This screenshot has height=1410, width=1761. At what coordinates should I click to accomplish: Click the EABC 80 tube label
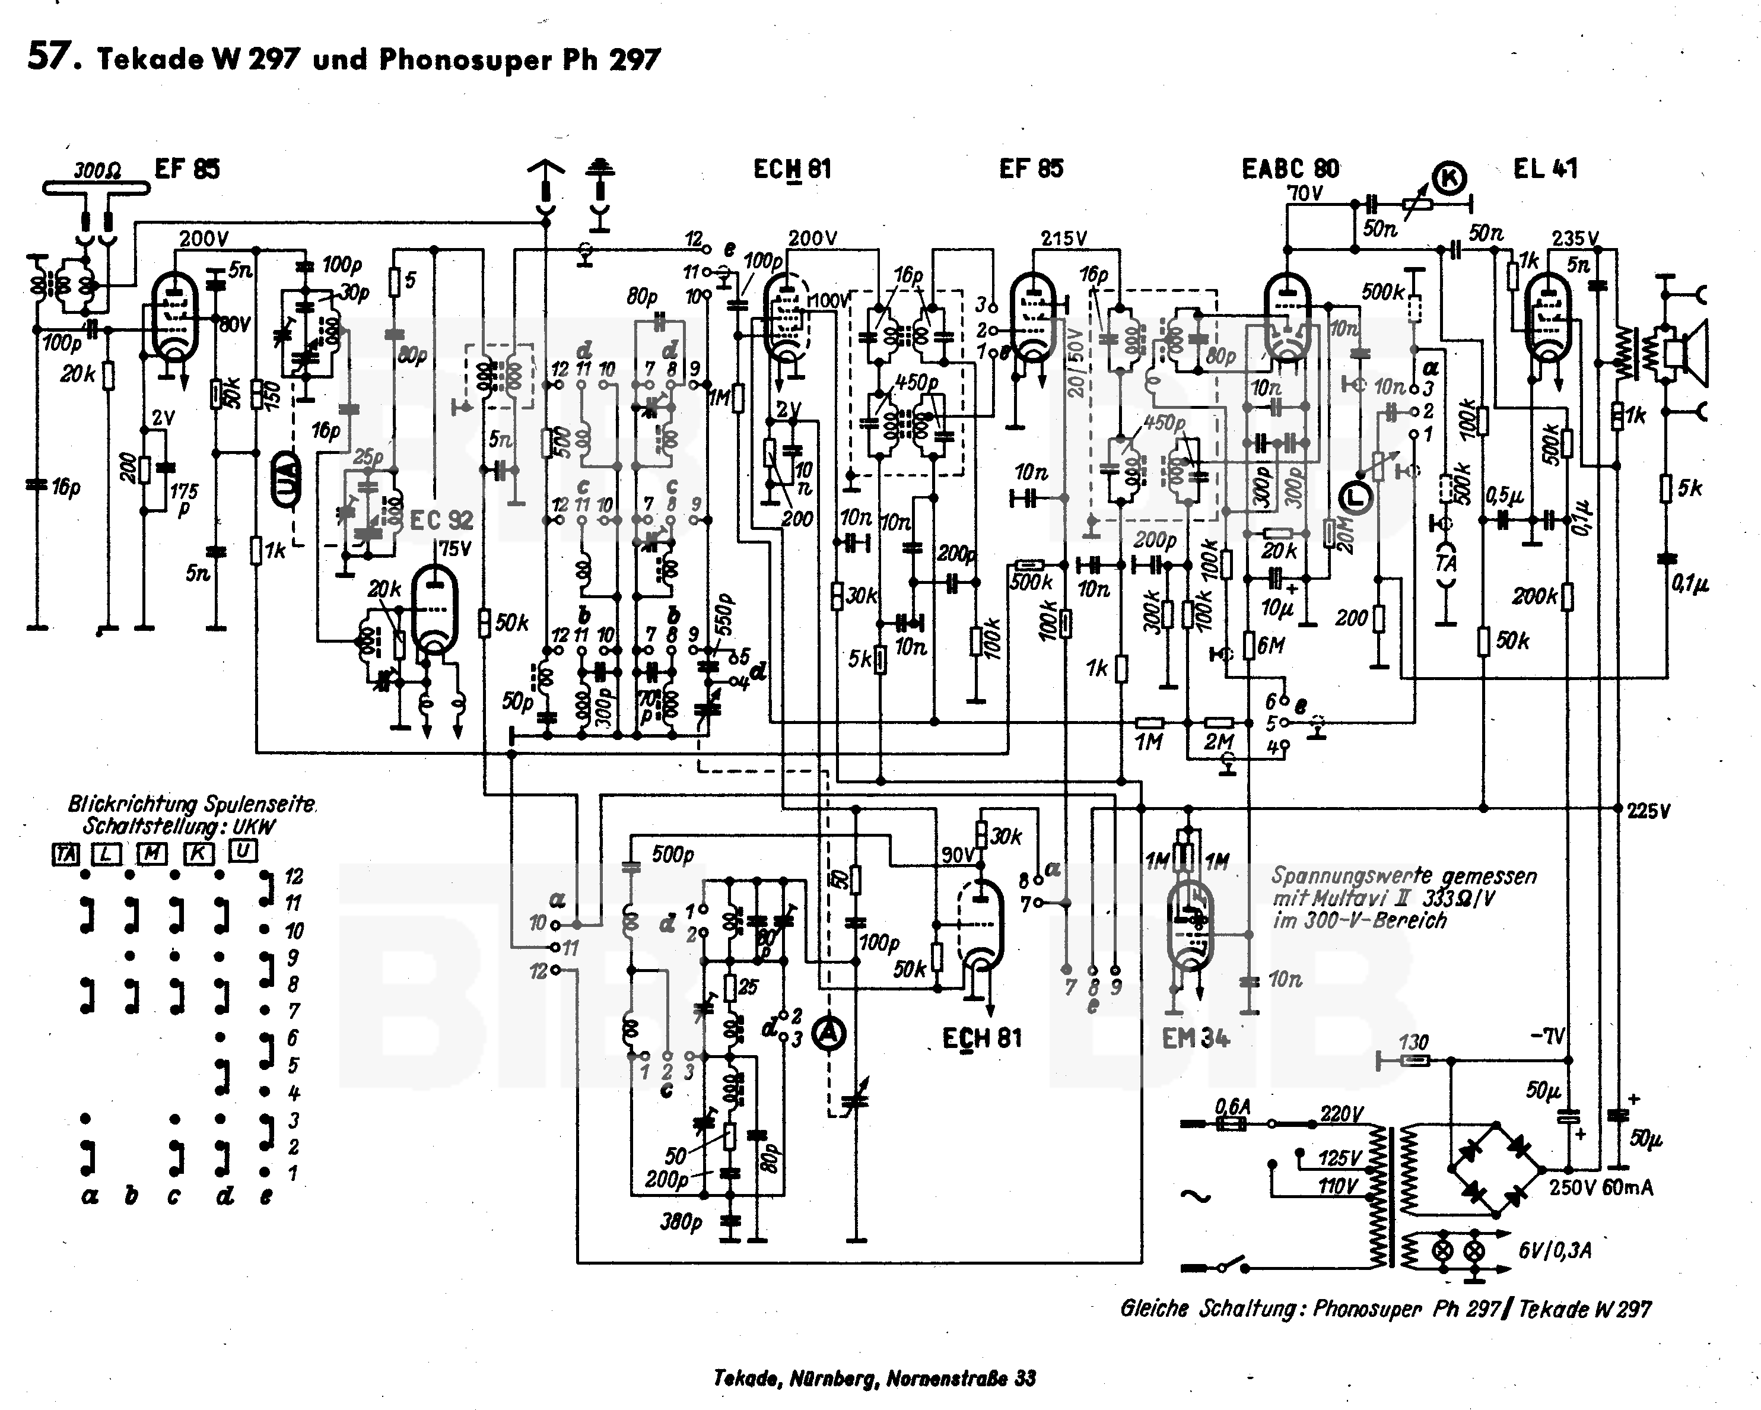pos(1290,169)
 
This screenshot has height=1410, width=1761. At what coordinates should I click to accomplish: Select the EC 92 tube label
pos(441,520)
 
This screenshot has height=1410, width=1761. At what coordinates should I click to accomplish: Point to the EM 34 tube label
pos(1195,1039)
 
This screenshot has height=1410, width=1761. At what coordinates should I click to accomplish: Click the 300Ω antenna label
pos(97,171)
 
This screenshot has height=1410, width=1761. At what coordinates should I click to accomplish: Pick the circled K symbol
pos(1451,177)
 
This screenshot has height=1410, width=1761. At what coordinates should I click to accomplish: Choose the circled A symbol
pos(830,1033)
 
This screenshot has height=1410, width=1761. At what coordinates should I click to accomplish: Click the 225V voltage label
pos(1648,811)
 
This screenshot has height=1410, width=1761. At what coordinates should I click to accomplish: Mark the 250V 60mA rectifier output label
pos(1601,1188)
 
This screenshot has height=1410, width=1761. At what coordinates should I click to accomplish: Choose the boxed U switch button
pos(243,851)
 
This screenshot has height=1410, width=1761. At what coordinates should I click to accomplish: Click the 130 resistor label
pos(1413,1043)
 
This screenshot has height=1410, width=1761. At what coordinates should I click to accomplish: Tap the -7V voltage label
pos(1547,1037)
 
